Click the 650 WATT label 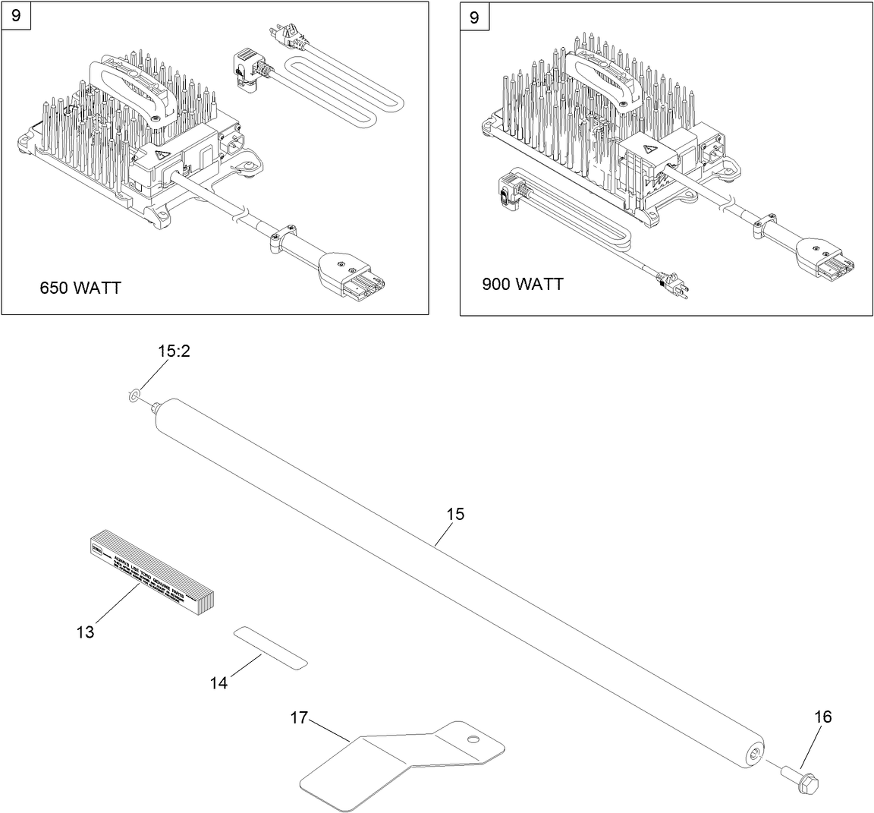(80, 288)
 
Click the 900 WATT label (522, 284)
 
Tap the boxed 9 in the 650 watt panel (16, 16)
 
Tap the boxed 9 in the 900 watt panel (474, 16)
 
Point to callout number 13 (85, 632)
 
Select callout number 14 (218, 683)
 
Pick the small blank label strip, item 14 (270, 647)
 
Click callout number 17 (299, 717)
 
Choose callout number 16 (822, 717)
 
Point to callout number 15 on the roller (454, 514)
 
